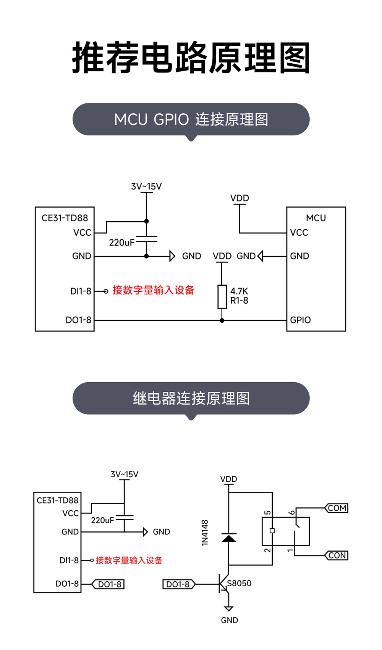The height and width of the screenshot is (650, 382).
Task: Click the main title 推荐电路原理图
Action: click(191, 58)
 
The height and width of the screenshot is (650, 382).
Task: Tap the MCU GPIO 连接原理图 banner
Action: click(191, 119)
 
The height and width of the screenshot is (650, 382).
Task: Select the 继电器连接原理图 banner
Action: click(191, 398)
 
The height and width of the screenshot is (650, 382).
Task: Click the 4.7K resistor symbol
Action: click(222, 296)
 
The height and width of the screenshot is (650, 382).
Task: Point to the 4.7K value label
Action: click(239, 291)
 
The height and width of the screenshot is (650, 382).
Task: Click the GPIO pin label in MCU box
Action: click(300, 320)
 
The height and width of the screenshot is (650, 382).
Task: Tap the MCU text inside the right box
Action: click(316, 218)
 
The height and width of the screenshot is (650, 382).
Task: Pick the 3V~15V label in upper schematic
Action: click(146, 187)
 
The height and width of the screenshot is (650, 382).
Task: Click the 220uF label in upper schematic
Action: click(121, 243)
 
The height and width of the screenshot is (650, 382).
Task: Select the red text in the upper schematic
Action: click(153, 290)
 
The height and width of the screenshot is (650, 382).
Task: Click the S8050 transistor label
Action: click(239, 583)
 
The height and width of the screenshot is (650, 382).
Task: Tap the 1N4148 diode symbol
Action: click(228, 538)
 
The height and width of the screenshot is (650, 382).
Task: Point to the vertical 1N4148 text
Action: click(205, 533)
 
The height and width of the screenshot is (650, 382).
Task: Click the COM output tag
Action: click(337, 508)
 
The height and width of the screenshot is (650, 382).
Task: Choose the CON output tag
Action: click(337, 555)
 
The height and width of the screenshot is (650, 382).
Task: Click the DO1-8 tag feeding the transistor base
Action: click(178, 584)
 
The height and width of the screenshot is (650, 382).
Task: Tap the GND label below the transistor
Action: click(229, 620)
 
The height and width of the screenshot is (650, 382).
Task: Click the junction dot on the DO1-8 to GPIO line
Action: click(222, 320)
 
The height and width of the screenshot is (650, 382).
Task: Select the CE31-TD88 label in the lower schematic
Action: click(57, 500)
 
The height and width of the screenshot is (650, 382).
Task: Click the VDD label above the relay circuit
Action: click(228, 479)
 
